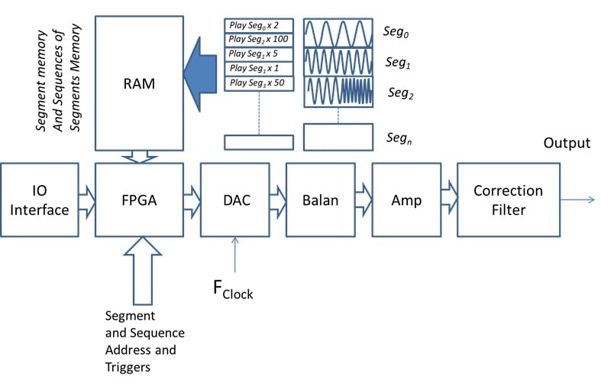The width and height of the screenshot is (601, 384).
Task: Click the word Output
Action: click(x=566, y=143)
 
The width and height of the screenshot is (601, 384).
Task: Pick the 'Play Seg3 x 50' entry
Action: click(x=259, y=83)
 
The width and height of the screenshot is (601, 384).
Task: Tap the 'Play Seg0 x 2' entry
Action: click(x=259, y=25)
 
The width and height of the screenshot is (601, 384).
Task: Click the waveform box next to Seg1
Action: click(x=338, y=60)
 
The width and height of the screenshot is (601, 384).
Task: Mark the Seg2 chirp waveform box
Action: click(x=338, y=90)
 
